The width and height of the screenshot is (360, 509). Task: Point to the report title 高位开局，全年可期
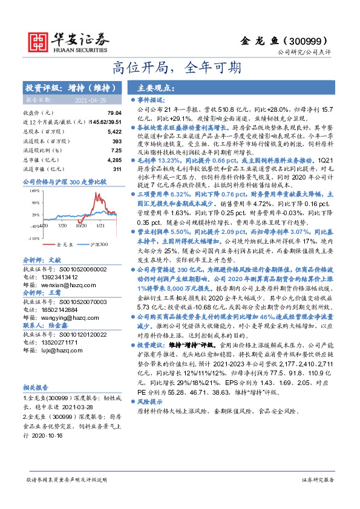(180, 66)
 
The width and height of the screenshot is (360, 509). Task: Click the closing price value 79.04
(114, 113)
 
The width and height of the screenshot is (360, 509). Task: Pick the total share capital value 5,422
(114, 131)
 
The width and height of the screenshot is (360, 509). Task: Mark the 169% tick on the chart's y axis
(34, 190)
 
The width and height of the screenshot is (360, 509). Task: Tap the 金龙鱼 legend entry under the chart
(64, 244)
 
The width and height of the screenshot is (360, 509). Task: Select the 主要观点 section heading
(153, 88)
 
